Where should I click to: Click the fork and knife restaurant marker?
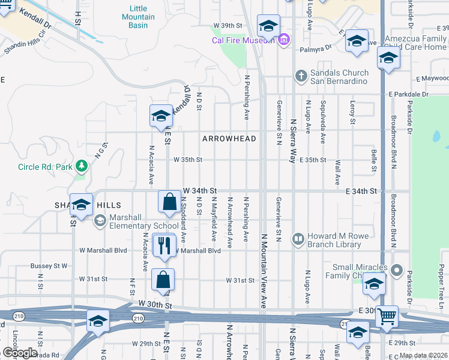click(x=163, y=245)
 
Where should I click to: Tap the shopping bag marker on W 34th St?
click(x=170, y=202)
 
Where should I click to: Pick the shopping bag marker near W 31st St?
click(x=163, y=280)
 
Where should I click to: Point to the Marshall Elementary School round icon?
click(x=99, y=221)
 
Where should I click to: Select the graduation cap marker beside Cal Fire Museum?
click(x=268, y=26)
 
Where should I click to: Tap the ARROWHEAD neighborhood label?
click(x=229, y=139)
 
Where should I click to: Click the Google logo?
click(x=20, y=353)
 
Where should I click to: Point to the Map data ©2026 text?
click(x=423, y=355)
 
